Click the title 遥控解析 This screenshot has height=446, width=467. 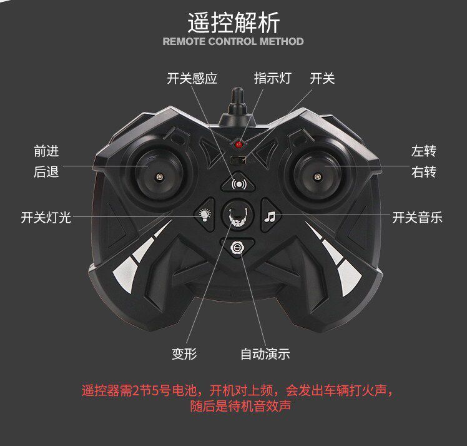[234, 22]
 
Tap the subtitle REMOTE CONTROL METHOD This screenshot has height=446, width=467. [233, 42]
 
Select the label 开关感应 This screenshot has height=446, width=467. [192, 78]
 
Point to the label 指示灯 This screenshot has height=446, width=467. [272, 78]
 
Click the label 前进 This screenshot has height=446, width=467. [46, 151]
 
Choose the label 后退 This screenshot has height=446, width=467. [46, 172]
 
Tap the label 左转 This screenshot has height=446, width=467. [424, 151]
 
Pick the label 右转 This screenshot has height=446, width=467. [424, 172]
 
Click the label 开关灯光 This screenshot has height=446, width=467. [46, 217]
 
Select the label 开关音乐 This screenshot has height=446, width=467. [417, 217]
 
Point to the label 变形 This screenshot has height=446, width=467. [185, 354]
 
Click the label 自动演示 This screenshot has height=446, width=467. [265, 354]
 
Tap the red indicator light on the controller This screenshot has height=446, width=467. [238, 143]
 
